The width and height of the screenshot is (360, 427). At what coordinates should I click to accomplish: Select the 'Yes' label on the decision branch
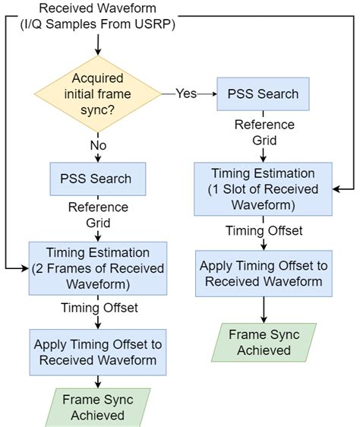(185, 93)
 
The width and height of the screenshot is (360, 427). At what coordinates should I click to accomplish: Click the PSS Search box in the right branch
(264, 94)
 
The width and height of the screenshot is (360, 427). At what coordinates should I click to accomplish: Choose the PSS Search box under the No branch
(96, 179)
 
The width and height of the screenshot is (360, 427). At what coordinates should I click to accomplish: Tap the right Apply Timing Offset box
(264, 272)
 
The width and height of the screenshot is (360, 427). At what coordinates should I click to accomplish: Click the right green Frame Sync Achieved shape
(264, 342)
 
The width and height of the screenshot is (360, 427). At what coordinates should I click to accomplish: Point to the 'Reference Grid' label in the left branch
(98, 214)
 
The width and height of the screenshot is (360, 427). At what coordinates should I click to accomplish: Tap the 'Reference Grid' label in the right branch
(264, 132)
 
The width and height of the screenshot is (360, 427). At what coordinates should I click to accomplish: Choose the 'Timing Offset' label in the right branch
(264, 229)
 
